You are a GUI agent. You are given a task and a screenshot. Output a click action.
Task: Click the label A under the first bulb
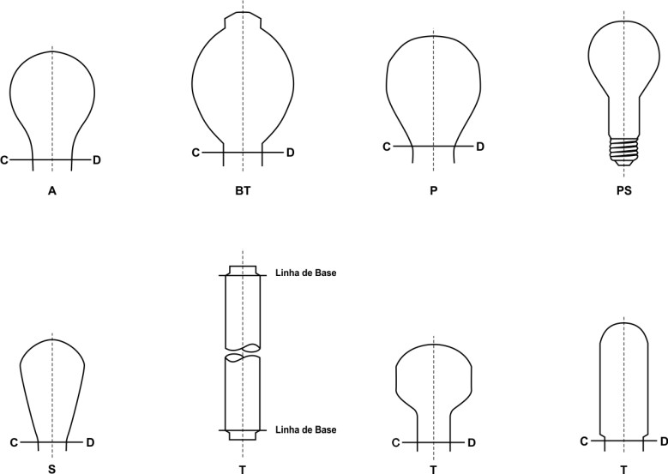(x=52, y=191)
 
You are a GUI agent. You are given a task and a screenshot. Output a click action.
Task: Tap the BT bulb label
(x=243, y=191)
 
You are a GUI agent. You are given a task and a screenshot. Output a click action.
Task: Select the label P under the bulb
(x=433, y=191)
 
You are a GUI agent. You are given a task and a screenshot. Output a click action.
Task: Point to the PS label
(x=623, y=191)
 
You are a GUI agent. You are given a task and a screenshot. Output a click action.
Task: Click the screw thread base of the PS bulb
(x=623, y=151)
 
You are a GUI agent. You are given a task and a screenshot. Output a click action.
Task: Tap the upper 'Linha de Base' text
(x=306, y=273)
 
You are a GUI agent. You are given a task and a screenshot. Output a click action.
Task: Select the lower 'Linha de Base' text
(x=306, y=429)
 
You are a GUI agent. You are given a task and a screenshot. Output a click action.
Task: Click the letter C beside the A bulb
(x=4, y=160)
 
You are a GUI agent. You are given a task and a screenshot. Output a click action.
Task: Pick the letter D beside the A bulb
(x=97, y=160)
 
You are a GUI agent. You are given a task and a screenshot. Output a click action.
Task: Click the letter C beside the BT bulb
(x=196, y=153)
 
